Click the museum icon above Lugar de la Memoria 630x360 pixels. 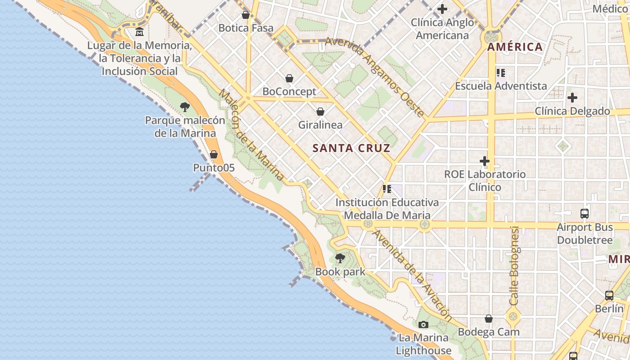point(139,32)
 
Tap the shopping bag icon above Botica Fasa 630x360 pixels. point(246,15)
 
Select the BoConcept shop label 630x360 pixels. point(289,91)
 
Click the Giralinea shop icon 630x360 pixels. point(320,112)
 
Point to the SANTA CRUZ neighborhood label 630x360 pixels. point(351,148)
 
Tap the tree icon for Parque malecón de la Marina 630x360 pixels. point(184,107)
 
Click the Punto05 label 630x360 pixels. point(214,168)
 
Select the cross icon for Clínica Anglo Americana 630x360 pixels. point(442,9)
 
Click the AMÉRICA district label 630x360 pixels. point(515,47)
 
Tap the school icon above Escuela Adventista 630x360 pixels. point(500,72)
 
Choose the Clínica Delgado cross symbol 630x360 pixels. point(572,98)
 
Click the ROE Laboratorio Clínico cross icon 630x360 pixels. point(485,161)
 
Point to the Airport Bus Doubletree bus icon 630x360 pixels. point(585,214)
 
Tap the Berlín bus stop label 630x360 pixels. point(609,309)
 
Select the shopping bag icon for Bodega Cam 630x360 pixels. point(489,319)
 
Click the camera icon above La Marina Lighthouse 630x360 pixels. point(423,325)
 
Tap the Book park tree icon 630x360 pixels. point(340,258)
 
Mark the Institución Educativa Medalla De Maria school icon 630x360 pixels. point(387,189)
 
